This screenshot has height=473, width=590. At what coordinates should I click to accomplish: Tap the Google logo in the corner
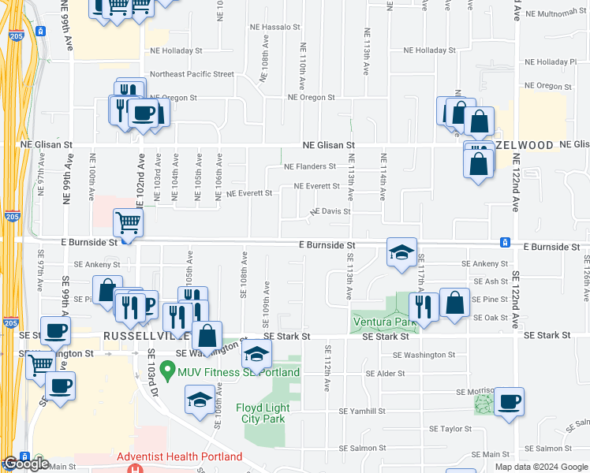[26, 464]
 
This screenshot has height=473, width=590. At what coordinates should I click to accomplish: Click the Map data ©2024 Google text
[541, 467]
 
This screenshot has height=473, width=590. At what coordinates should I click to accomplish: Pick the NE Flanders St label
[310, 167]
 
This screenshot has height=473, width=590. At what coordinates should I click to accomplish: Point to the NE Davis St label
[330, 211]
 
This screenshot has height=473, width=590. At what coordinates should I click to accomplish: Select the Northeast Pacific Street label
[192, 74]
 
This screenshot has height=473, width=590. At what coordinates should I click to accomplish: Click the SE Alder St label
[385, 374]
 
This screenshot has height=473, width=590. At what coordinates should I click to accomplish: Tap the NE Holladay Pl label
[551, 61]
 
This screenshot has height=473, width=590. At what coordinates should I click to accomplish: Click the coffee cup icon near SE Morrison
[509, 403]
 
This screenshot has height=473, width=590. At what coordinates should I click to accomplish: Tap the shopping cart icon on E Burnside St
[128, 222]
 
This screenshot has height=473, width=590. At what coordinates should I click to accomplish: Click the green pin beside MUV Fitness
[167, 369]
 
